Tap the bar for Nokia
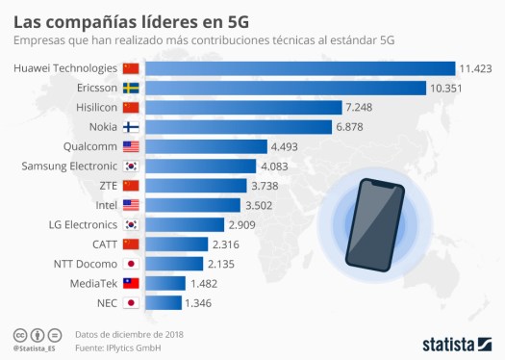(x=240, y=127)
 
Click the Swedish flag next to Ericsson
(x=132, y=88)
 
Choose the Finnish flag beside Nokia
(x=132, y=127)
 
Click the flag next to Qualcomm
(x=132, y=146)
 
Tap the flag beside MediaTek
(x=132, y=283)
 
